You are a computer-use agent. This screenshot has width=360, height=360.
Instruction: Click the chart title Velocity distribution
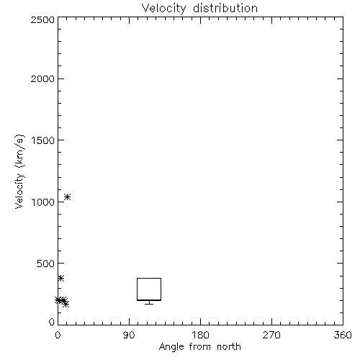199,9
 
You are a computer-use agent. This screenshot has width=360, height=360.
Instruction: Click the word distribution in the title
225,8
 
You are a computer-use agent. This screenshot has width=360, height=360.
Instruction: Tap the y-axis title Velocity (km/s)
19,171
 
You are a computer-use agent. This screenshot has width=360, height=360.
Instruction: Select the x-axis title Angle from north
199,347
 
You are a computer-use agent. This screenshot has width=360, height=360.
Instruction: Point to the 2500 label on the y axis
42,19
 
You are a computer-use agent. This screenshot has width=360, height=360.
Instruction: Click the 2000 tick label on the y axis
42,78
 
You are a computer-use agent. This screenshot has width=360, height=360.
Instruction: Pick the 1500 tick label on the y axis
43,140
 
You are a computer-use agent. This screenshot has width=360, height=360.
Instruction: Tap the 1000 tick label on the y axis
43,202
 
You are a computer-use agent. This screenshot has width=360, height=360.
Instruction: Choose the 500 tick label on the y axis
46,264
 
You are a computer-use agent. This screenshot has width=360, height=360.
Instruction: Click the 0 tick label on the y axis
52,322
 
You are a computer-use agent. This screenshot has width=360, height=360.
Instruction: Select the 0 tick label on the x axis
58,335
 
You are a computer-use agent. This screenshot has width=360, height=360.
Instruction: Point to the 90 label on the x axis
129,335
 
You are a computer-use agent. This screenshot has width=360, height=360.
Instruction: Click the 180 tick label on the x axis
200,335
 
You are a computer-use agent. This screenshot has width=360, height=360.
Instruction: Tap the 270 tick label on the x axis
271,335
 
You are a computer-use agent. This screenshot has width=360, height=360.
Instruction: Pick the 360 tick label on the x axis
343,335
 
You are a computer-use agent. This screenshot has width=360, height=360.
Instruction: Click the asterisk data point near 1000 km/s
67,197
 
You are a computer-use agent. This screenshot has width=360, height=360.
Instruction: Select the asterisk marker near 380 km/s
60,279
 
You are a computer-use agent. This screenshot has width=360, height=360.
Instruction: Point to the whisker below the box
149,302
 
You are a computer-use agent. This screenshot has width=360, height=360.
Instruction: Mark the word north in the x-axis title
229,346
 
